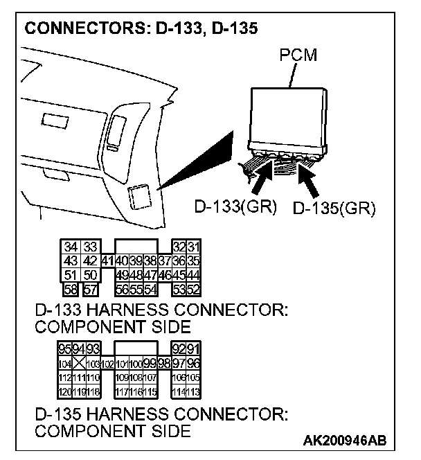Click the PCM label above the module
pos(299,55)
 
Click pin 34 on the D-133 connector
pos(71,247)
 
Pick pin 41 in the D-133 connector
pos(107,261)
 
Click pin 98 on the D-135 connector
pos(164,364)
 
